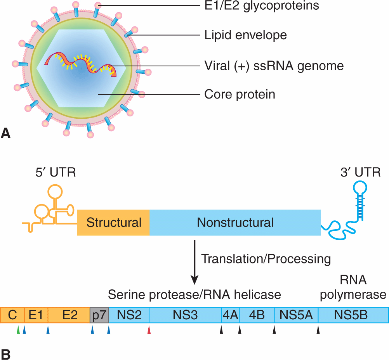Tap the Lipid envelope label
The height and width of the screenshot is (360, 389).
point(246,35)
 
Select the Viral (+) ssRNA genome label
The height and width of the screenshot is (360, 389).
point(274,66)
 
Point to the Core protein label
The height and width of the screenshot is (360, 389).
point(240,94)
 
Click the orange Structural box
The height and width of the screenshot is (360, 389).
point(114,223)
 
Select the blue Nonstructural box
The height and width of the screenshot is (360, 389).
point(235,223)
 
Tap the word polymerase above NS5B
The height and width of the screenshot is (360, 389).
point(353,294)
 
